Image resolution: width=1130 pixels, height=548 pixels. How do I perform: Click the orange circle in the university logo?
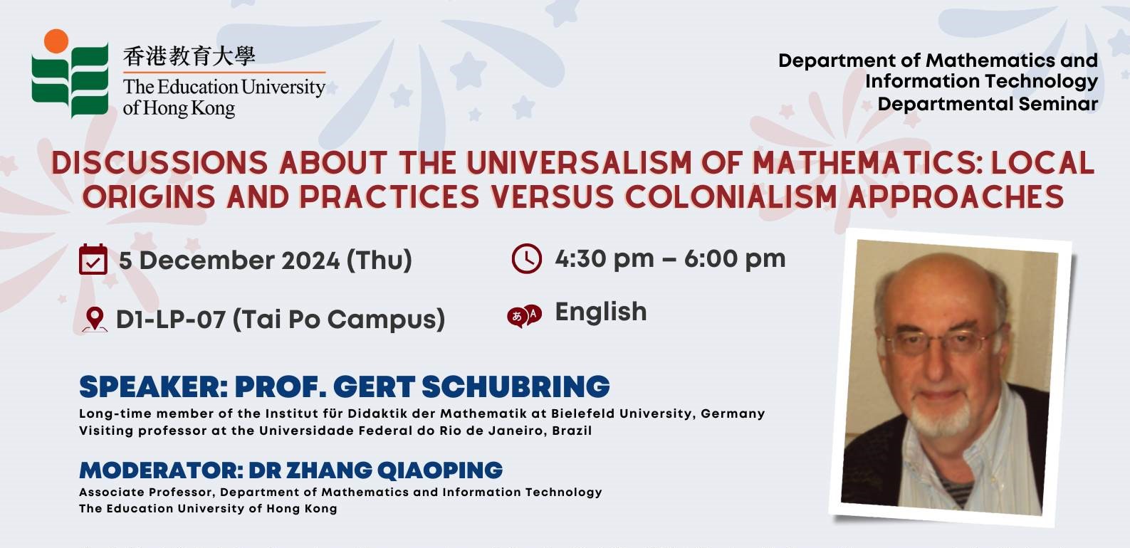click(56, 41)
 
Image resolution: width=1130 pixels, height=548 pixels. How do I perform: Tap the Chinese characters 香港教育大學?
click(189, 56)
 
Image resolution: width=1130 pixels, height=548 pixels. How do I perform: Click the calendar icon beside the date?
click(93, 259)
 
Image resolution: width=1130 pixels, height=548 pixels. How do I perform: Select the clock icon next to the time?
click(527, 258)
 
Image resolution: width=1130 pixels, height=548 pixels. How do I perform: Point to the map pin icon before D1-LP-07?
click(94, 320)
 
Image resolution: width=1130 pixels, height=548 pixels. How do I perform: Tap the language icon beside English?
click(525, 316)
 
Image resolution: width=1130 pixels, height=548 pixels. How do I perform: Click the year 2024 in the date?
click(310, 260)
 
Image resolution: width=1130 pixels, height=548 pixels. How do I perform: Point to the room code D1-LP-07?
click(170, 319)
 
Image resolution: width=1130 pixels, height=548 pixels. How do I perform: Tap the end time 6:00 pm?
click(735, 258)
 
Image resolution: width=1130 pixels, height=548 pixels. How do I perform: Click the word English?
click(601, 312)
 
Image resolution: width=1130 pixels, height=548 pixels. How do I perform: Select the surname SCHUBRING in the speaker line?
click(516, 386)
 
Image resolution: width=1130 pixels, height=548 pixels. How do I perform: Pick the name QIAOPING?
click(439, 470)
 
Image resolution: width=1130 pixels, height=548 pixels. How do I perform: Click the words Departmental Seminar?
click(988, 104)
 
